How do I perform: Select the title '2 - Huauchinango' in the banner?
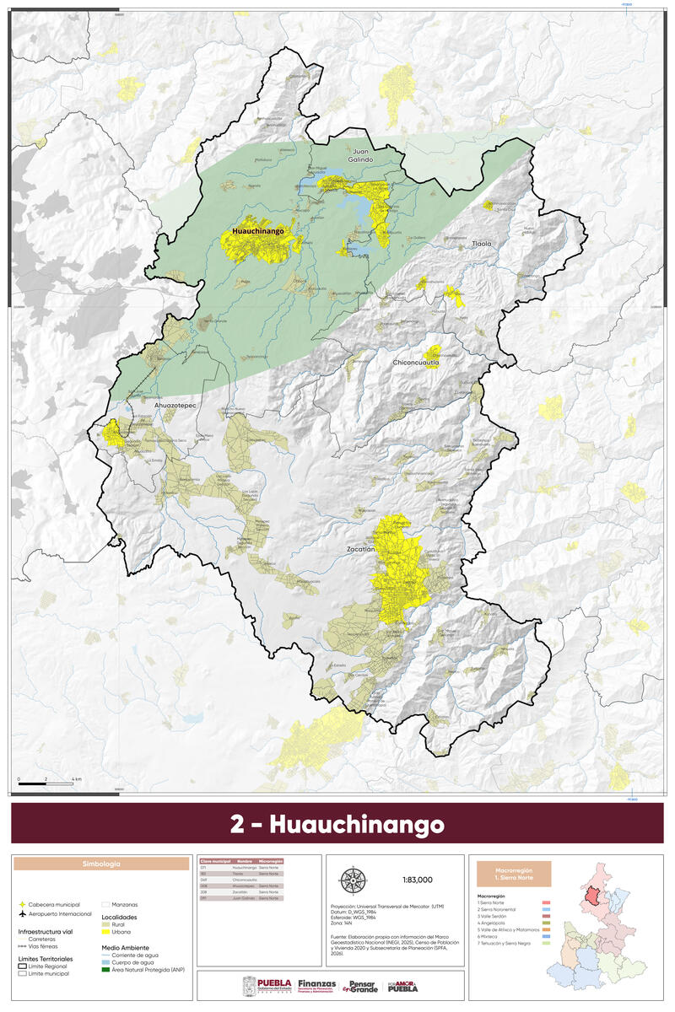tap(337, 823)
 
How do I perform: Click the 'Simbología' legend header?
tap(100, 864)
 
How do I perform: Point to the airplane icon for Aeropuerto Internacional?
tap(22, 913)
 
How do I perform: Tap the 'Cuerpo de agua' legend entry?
tap(135, 962)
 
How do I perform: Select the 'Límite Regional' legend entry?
tap(51, 967)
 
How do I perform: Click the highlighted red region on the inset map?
tap(593, 893)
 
